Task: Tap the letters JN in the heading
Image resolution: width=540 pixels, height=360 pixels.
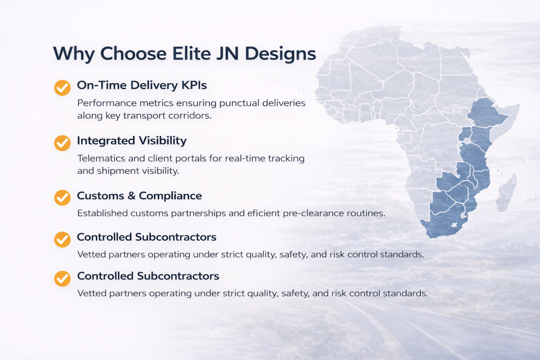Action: (227, 53)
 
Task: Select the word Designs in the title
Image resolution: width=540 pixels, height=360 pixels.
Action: (281, 54)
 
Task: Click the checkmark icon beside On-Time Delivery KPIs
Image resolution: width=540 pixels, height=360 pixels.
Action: (62, 87)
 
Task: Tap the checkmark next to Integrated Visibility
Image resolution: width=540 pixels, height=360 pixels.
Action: (62, 143)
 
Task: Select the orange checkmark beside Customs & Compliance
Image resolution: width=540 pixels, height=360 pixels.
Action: (62, 198)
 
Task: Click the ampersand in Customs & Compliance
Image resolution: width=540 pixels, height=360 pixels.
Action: (131, 196)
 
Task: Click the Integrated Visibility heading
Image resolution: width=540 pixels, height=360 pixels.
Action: (132, 141)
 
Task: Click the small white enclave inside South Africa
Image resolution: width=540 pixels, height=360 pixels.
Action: (455, 225)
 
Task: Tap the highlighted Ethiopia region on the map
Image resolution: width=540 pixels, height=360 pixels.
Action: (487, 112)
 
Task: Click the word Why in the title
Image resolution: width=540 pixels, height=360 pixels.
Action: (74, 54)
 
